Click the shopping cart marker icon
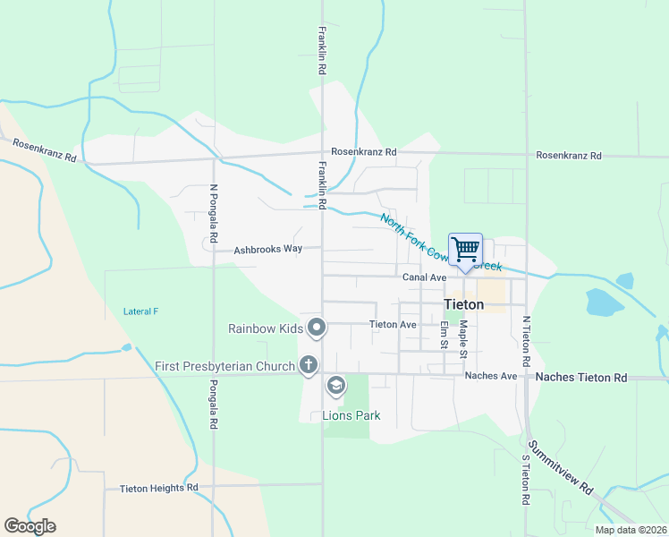(x=466, y=250)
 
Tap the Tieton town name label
(x=464, y=304)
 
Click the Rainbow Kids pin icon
(x=316, y=328)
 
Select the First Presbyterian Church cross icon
(x=308, y=365)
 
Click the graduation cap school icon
(x=335, y=387)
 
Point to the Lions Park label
(x=351, y=415)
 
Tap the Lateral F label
(x=140, y=311)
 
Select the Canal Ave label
(x=424, y=277)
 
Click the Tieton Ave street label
(x=393, y=324)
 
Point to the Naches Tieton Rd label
(x=581, y=378)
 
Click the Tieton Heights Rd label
(x=158, y=488)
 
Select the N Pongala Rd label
(x=213, y=215)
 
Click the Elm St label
(x=444, y=336)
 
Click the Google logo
(x=30, y=525)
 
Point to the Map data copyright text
(x=630, y=530)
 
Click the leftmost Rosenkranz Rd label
(x=44, y=151)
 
